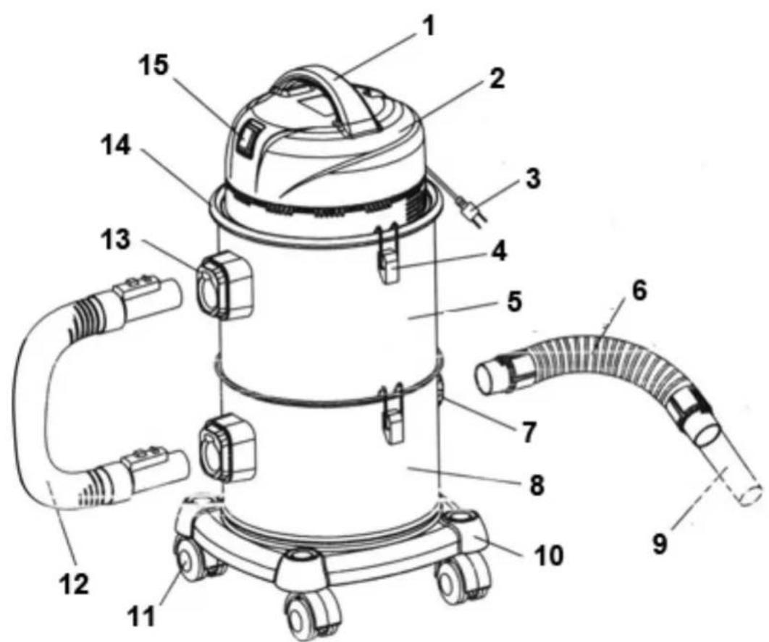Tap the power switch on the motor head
pos(248,139)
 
